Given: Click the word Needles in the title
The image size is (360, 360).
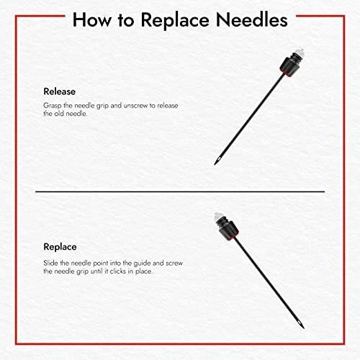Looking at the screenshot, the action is point(251,20).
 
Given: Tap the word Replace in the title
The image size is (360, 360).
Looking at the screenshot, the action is point(175,20).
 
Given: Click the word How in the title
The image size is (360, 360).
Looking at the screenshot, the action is point(92,20).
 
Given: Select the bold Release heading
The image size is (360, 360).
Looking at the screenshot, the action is point(60,91).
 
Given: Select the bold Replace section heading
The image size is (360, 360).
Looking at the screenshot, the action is point(60,247).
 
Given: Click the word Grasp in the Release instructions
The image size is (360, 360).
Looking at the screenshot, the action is point(53,106).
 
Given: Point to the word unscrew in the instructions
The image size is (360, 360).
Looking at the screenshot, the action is point(135,106).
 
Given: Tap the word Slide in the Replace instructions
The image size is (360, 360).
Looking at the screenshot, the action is point(50,263).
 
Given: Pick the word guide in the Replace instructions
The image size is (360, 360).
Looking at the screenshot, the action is point(143,264).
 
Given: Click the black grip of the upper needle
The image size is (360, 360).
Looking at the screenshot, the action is point(289,66).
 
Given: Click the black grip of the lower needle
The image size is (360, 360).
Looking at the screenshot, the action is point(229,230).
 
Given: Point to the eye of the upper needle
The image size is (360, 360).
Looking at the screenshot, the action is point(218,160).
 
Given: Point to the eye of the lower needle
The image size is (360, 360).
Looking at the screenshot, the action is point(299,323).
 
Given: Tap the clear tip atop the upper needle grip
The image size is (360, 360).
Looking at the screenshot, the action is point(300,53).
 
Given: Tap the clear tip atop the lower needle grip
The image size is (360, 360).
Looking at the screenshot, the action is point(218,217).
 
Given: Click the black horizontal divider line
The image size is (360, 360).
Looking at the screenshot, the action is point(180,192).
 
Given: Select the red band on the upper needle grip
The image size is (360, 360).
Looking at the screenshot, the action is point(286,73).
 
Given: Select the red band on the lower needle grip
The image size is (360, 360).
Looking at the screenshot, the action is point(233,238).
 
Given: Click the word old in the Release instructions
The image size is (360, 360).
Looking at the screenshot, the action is point(59,114).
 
